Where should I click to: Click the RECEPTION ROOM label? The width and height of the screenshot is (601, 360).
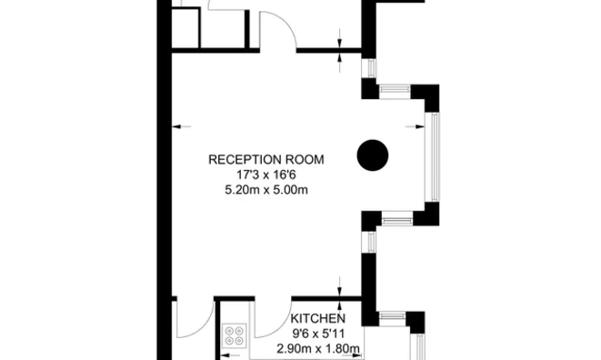(x=266, y=159)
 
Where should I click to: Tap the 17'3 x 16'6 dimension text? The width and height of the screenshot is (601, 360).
(x=266, y=175)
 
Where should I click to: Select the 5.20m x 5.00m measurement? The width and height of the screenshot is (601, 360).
(x=266, y=190)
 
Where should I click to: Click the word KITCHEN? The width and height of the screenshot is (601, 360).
(x=317, y=318)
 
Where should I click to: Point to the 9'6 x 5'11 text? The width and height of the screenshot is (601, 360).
(x=317, y=334)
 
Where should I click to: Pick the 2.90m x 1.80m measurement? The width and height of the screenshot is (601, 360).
(x=317, y=349)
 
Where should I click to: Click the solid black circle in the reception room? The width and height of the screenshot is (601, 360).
(x=373, y=155)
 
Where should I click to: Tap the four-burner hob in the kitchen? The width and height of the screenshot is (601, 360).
(x=235, y=335)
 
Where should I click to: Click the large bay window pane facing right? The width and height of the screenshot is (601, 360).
(x=433, y=156)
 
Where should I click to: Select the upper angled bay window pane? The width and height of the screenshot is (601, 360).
(x=395, y=92)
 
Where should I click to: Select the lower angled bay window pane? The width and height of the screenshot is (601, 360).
(x=397, y=220)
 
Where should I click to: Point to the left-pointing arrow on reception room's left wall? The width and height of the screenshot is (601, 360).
(x=181, y=126)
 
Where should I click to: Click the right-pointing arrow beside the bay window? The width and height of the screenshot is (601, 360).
(x=416, y=126)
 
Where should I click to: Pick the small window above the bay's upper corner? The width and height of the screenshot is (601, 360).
(x=370, y=68)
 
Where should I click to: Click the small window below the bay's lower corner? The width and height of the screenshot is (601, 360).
(x=370, y=242)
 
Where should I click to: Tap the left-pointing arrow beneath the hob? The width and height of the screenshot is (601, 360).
(x=231, y=355)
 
